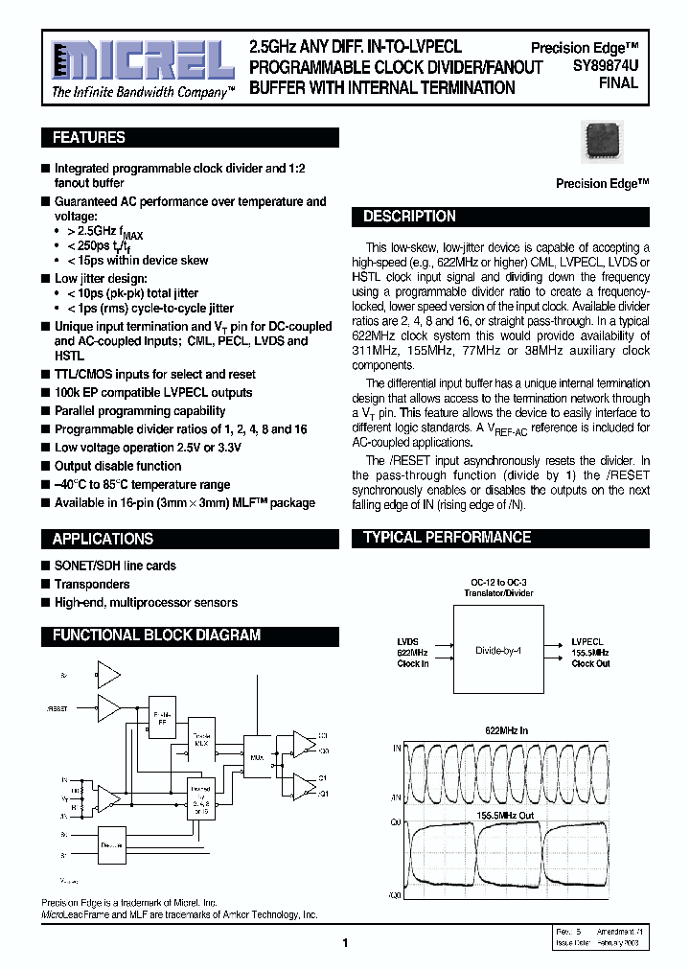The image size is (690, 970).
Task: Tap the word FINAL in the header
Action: (x=618, y=84)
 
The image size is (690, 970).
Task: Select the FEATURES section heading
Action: (x=89, y=138)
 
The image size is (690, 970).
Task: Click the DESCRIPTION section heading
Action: (x=409, y=217)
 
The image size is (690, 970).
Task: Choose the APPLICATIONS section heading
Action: (x=103, y=539)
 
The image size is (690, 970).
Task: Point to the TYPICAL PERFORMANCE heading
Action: (x=447, y=538)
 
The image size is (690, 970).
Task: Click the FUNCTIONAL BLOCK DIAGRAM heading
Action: (x=156, y=635)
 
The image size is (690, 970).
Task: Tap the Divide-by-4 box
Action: (x=497, y=651)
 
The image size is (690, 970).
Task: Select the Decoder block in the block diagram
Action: (x=112, y=845)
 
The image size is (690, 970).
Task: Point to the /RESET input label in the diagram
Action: (x=57, y=709)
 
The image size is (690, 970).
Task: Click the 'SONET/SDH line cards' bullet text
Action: (x=115, y=566)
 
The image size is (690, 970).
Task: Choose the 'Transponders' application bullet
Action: (x=92, y=584)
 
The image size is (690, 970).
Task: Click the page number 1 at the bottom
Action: (x=345, y=943)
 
